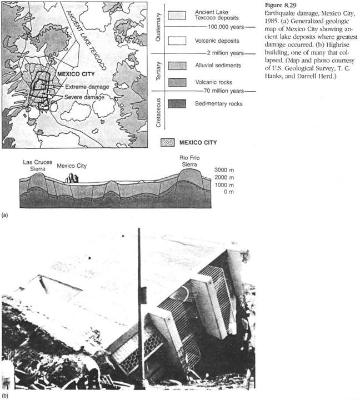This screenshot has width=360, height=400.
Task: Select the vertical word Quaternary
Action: [x=158, y=25]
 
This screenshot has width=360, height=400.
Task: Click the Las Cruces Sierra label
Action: [x=37, y=165]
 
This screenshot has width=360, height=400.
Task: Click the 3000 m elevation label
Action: [x=226, y=171]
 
